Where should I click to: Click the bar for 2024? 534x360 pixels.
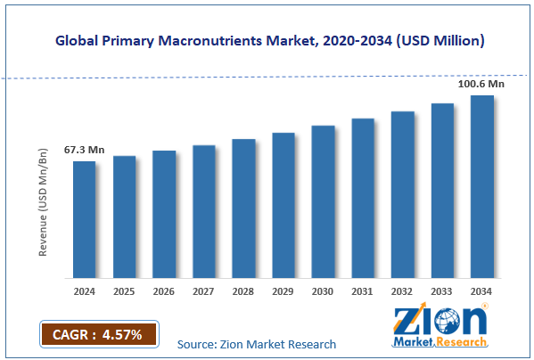coord(84,219)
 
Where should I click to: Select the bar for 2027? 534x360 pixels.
coord(203,211)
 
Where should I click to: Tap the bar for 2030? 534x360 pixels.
coord(323,201)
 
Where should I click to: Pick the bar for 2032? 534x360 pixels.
coord(402,194)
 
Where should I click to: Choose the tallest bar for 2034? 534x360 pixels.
coord(482,186)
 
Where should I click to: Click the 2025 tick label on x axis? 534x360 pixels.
coord(124,290)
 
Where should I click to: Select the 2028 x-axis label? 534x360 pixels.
coord(243,290)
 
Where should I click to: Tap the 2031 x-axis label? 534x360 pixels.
coord(363,290)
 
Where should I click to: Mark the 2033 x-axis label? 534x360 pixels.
coord(442,290)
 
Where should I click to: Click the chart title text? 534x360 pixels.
coord(267,41)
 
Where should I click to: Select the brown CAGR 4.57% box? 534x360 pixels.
coord(98,334)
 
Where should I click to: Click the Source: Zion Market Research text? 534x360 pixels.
coord(257,344)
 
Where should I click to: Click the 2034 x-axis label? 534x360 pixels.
coord(482,290)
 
